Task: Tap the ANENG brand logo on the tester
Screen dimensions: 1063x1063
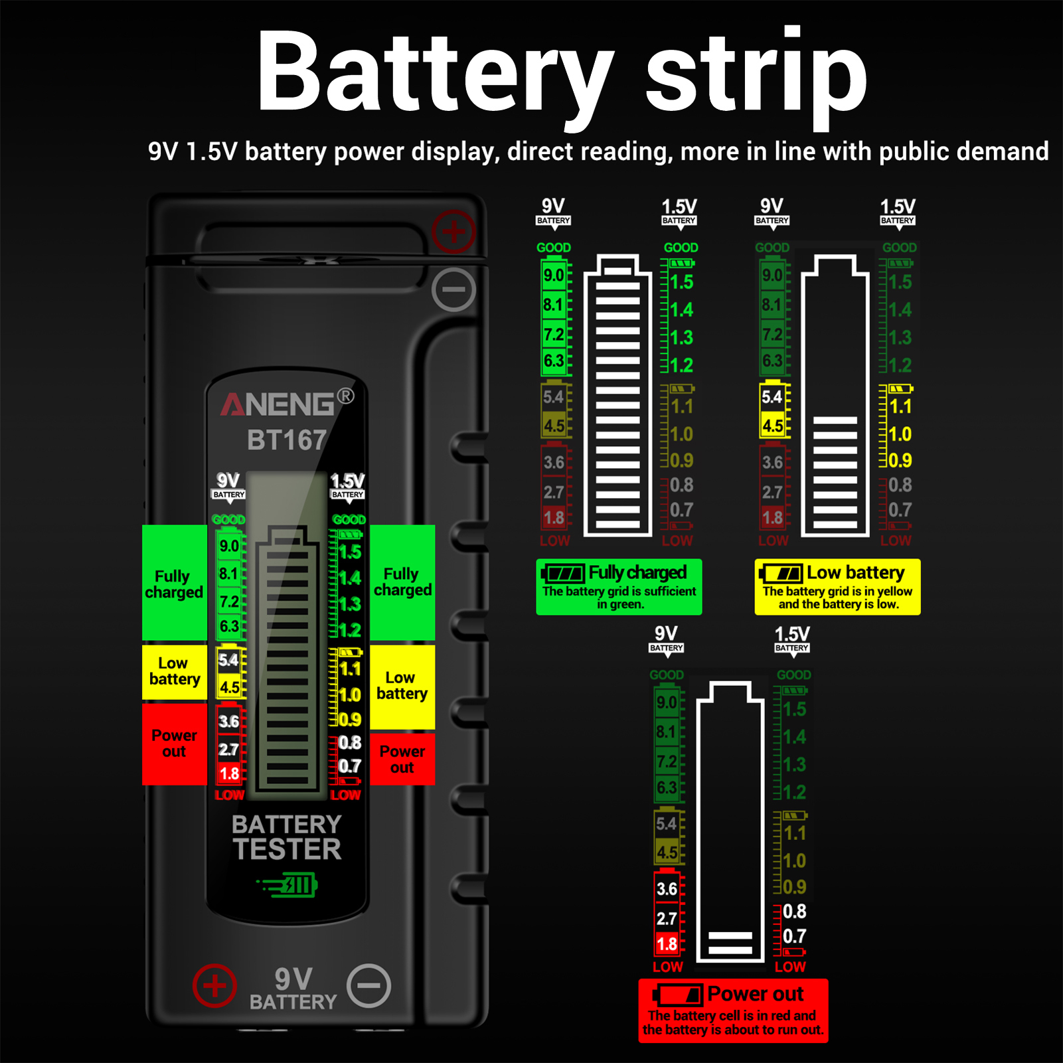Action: coord(279,404)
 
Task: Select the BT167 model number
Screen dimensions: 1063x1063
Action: coord(287,440)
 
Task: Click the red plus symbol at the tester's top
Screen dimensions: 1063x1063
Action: coord(453,232)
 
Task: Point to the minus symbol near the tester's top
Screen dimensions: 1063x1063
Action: coord(453,289)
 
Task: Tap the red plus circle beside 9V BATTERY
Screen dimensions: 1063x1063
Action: coord(214,985)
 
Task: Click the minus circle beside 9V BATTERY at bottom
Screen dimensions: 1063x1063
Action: coord(369,985)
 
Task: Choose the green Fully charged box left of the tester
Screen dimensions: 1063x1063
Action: coord(175,583)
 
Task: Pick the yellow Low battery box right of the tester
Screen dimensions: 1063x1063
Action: coord(402,686)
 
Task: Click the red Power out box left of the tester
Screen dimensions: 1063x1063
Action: coord(175,744)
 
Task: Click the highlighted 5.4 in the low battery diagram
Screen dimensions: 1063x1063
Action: coord(772,397)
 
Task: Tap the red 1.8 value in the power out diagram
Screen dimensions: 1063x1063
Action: coord(667,943)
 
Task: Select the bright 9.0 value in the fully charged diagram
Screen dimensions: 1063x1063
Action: coord(554,275)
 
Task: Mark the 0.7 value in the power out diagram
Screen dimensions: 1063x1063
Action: coord(794,936)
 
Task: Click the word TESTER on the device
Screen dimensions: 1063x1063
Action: coord(287,849)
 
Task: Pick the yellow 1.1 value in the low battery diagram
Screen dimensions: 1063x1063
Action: coord(900,406)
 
